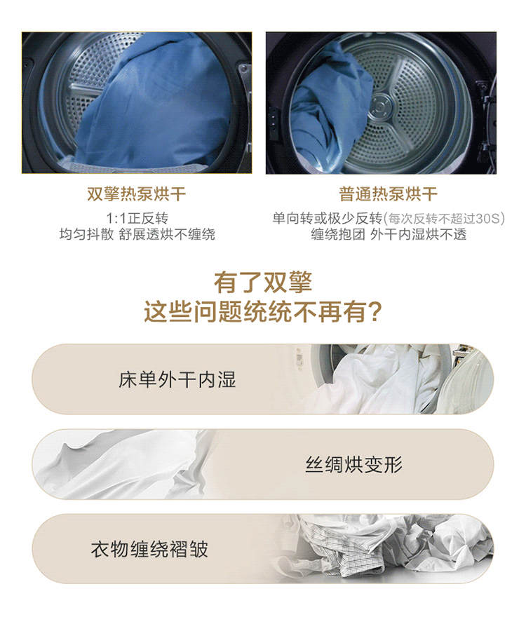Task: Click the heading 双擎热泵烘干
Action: point(136,194)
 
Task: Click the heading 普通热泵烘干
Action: point(389,194)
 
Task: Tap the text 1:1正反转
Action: point(137,218)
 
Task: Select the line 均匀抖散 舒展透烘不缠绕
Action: point(137,234)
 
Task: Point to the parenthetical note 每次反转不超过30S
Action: point(444,218)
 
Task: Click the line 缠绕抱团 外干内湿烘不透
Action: point(389,234)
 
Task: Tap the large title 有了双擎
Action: point(263,282)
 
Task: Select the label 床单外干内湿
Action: point(177,380)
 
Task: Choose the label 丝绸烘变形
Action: point(354,465)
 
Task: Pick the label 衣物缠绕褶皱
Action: point(149,549)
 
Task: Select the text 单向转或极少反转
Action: point(328,218)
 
